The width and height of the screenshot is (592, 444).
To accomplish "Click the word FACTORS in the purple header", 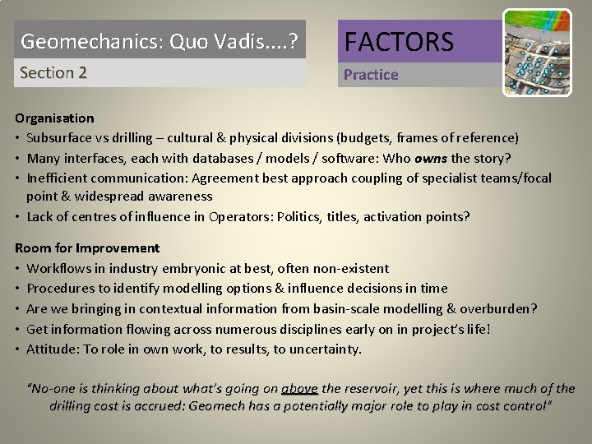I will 399,41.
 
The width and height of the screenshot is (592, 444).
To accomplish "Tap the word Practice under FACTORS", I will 371,75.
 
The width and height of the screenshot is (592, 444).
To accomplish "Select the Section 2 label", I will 53,72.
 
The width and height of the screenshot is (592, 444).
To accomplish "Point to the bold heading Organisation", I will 54,118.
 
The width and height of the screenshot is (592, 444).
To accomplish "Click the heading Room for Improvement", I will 87,247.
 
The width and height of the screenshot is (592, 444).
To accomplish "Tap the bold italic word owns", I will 432,157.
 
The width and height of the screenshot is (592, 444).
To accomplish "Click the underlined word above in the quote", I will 299,388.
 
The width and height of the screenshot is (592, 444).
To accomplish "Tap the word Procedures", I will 60,288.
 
